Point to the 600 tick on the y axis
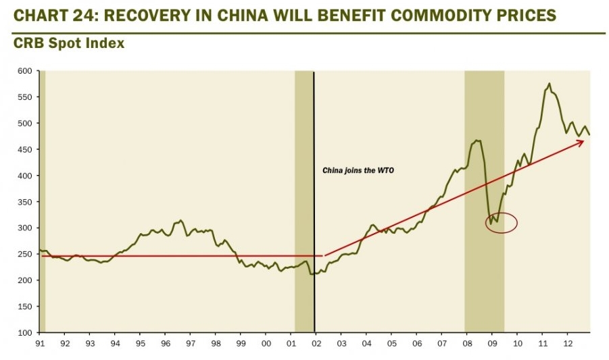(24, 71)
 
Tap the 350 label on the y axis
(24, 202)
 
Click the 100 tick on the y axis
(24, 332)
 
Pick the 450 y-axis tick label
(24, 149)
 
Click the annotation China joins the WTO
(358, 171)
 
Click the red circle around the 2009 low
(502, 223)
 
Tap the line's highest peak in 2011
(549, 84)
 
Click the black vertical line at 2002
(314, 203)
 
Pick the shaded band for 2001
(303, 203)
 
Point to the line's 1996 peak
(180, 220)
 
